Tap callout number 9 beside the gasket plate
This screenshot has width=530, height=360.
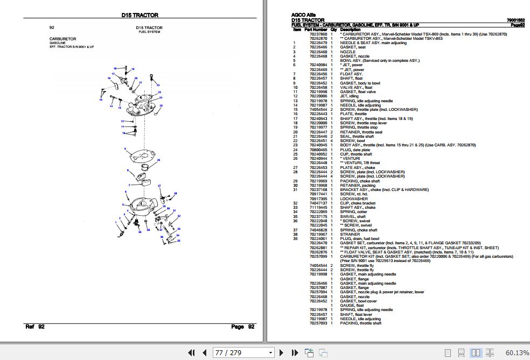click(125, 149)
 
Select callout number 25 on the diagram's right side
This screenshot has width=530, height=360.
click(161, 105)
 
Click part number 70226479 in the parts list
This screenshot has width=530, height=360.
click(318, 43)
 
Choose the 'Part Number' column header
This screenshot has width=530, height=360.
click(316, 30)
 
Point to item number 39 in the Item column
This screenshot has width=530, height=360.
click(295, 239)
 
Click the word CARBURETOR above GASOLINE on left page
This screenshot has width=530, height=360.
click(62, 39)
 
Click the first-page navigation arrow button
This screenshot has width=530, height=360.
click(191, 352)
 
